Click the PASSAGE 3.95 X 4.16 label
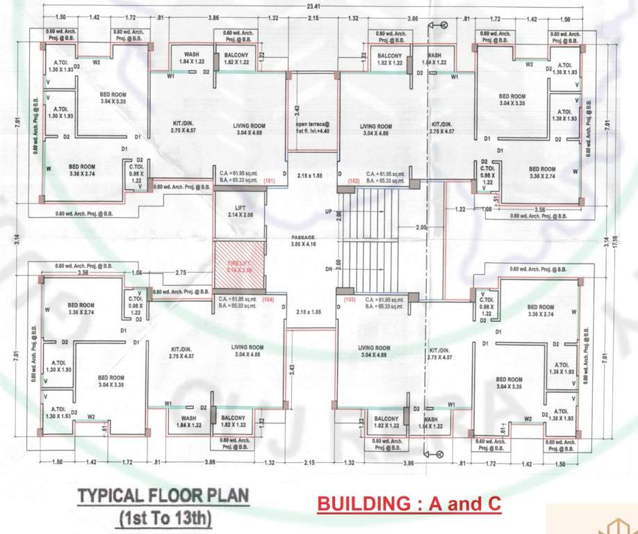303,241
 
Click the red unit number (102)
354,180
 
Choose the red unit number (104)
268,299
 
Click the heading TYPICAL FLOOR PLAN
163,497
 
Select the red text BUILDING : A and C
409,504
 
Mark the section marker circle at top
440,25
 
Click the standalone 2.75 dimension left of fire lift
181,273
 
